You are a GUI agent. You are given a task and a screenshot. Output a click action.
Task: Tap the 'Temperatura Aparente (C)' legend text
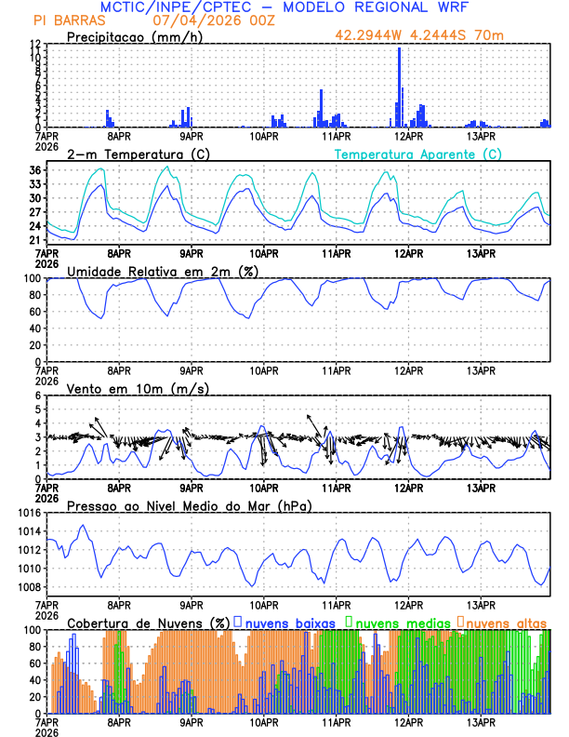click(417, 154)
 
